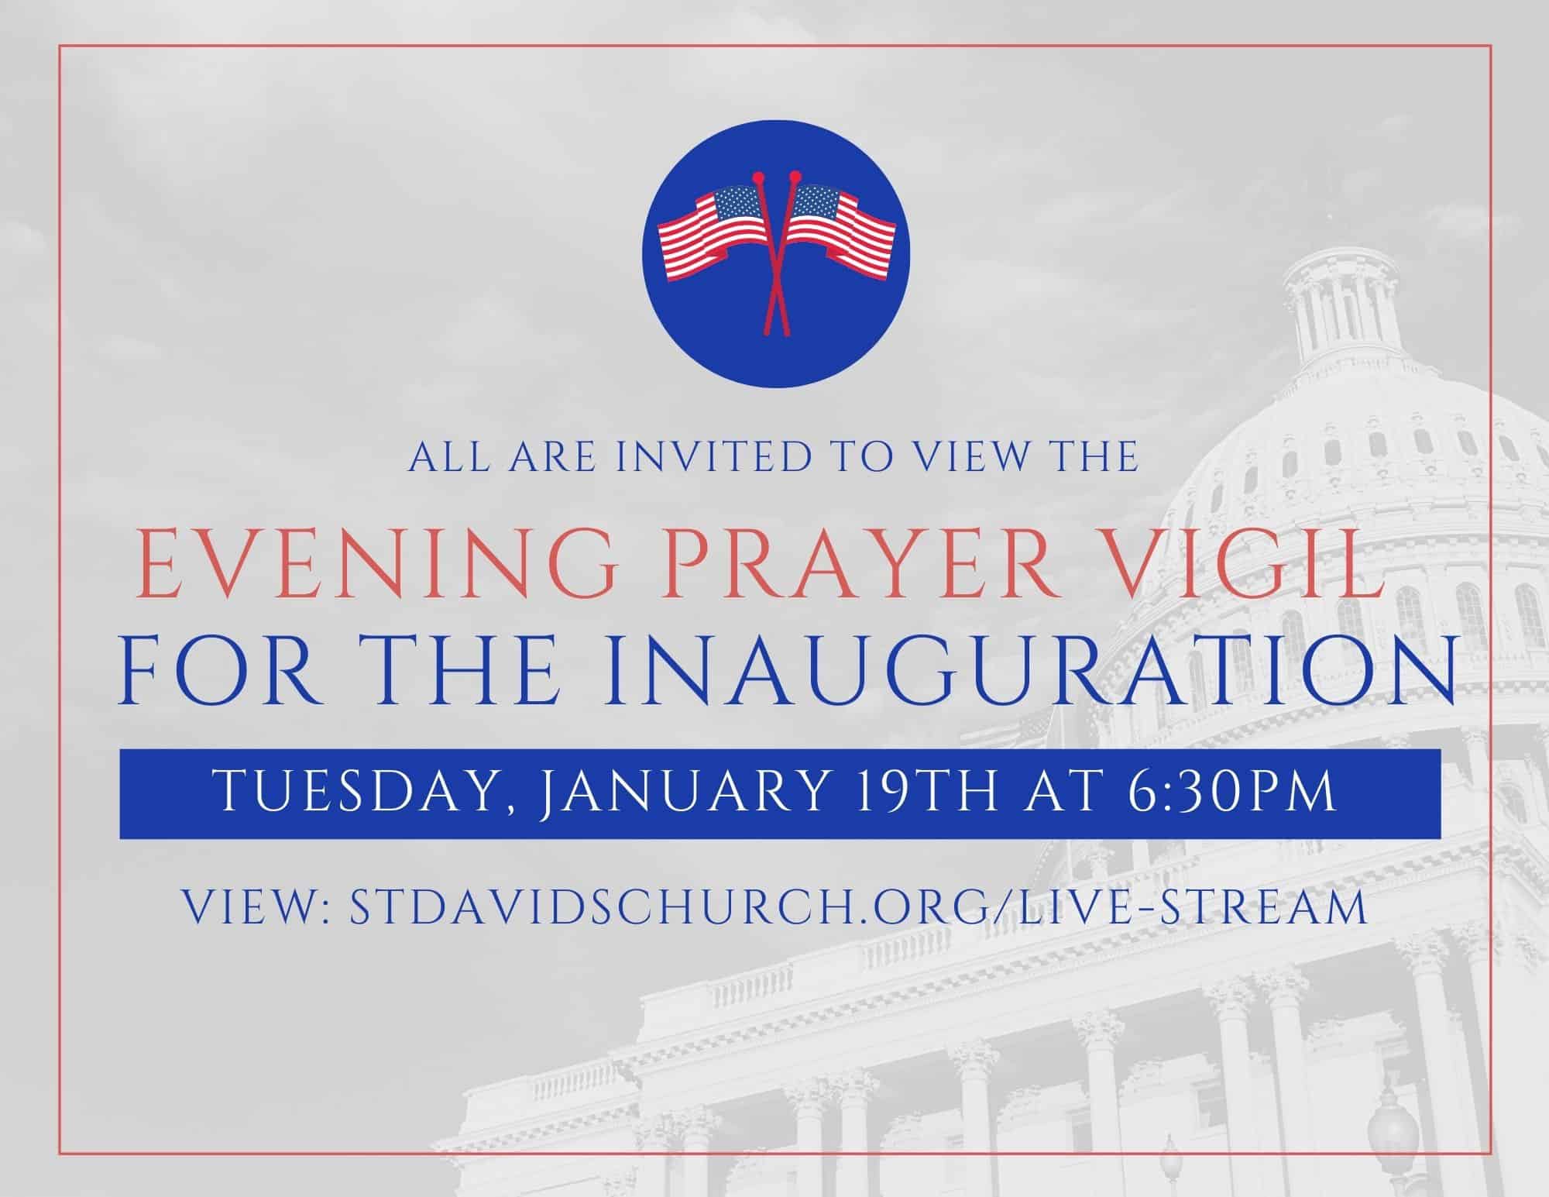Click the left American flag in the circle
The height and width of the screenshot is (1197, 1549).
(x=709, y=230)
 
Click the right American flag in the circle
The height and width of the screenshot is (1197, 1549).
(x=842, y=230)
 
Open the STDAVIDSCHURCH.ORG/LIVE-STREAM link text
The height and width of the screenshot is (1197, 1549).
(x=858, y=907)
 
